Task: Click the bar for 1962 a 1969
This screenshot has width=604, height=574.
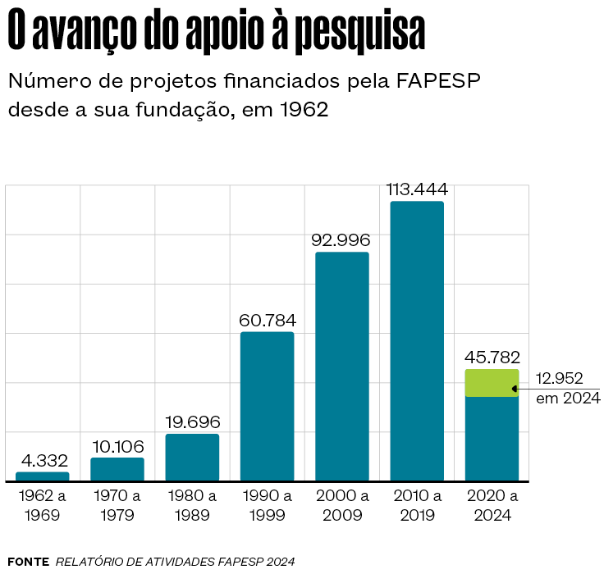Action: click(x=43, y=476)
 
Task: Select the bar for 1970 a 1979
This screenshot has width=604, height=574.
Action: click(x=117, y=469)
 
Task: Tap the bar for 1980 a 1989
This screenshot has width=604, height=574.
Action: click(x=192, y=457)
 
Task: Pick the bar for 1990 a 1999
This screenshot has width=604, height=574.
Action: click(x=267, y=406)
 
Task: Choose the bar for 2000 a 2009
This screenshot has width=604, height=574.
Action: click(x=342, y=366)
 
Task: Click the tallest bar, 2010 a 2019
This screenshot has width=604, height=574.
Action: click(x=417, y=340)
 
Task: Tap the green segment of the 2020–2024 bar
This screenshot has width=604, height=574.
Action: click(x=492, y=383)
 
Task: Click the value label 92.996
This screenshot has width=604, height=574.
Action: click(x=342, y=241)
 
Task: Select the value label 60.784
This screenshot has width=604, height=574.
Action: click(x=267, y=321)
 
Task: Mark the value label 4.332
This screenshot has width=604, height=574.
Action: click(x=43, y=461)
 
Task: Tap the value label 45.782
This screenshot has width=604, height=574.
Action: click(x=492, y=358)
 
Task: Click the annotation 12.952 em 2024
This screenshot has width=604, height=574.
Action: click(x=567, y=388)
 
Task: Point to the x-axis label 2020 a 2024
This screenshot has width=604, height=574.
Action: click(x=492, y=505)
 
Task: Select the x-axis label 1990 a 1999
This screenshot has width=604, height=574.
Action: click(x=267, y=505)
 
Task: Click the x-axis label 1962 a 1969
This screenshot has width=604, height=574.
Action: click(x=43, y=505)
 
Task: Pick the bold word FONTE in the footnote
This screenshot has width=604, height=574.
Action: click(x=28, y=562)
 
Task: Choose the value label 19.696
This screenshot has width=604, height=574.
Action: click(x=192, y=422)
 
